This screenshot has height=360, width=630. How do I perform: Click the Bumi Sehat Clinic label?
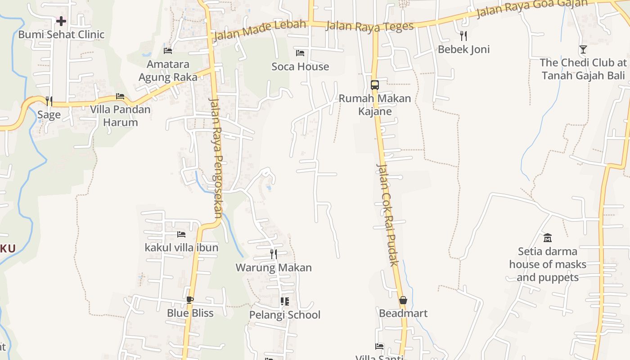click(61, 34)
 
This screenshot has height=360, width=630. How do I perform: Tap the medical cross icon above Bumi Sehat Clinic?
click(61, 21)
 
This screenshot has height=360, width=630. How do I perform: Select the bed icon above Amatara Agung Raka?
click(168, 51)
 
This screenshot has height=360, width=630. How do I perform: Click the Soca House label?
click(300, 67)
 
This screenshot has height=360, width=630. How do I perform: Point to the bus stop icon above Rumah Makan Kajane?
click(375, 85)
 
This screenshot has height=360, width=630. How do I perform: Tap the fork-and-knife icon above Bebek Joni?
click(463, 36)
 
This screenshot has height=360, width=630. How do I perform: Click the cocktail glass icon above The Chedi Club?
click(583, 49)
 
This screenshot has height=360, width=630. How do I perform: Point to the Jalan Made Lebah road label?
click(260, 30)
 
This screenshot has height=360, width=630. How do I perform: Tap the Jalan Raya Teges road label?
click(369, 27)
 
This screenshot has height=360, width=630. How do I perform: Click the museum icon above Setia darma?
click(548, 238)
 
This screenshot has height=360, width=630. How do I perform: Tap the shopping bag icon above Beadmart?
click(403, 300)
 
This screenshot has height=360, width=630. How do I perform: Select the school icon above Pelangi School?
click(284, 301)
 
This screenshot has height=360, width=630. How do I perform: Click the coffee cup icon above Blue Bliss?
click(190, 300)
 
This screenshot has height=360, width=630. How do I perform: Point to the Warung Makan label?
click(274, 268)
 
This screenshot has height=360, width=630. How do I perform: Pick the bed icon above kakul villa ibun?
click(181, 234)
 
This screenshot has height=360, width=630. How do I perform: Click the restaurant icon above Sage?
click(49, 101)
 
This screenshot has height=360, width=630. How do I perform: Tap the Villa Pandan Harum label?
click(120, 116)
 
